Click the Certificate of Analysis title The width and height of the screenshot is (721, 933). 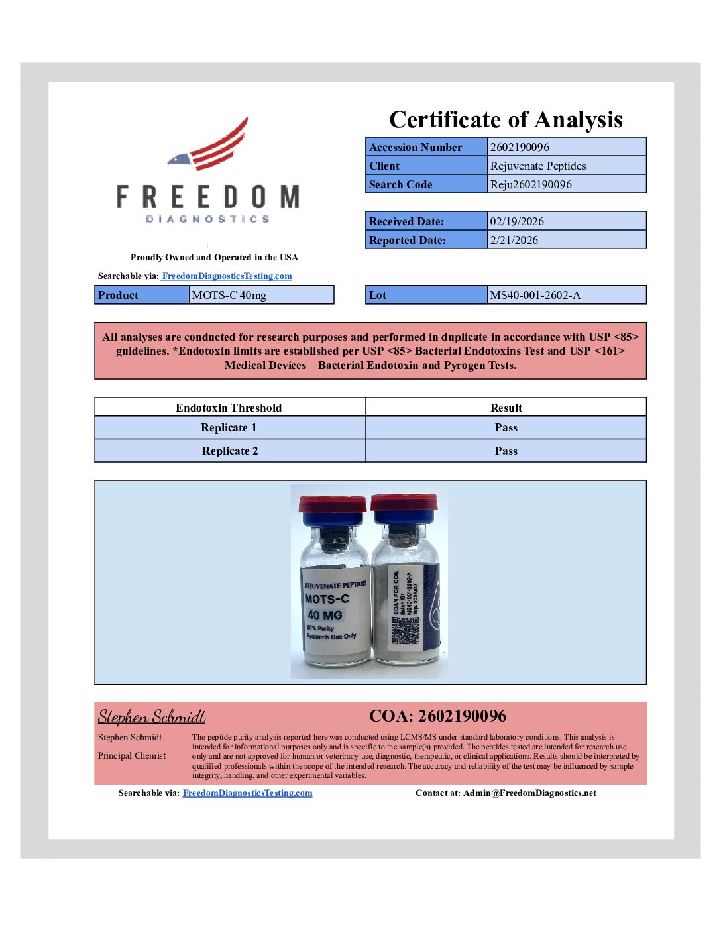(506, 119)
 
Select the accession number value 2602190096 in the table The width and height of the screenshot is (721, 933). (520, 147)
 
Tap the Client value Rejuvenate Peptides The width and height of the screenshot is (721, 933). (537, 166)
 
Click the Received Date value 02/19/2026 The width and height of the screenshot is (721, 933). (516, 221)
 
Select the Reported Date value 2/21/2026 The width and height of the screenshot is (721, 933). (514, 240)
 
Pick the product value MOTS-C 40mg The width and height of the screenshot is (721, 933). (229, 295)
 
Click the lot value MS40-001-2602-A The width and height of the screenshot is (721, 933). (535, 295)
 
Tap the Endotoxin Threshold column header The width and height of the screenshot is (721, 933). (229, 408)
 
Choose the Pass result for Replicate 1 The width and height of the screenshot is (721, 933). (506, 427)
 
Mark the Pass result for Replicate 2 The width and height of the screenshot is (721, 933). (506, 451)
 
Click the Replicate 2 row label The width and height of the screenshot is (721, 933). (230, 451)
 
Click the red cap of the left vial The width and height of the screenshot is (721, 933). (332, 504)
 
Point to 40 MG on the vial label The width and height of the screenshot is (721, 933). (325, 615)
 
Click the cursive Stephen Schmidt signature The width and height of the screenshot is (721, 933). (152, 716)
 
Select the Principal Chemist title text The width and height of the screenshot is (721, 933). (132, 755)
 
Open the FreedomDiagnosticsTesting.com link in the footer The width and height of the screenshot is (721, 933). (247, 793)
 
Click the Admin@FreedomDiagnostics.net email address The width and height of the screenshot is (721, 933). (529, 793)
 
